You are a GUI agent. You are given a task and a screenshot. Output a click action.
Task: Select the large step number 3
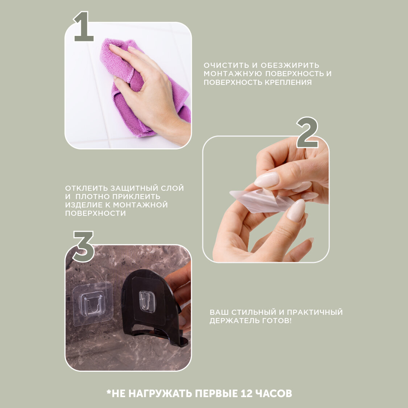[x=83, y=246]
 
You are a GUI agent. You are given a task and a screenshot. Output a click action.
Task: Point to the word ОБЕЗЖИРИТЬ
[x=290, y=65]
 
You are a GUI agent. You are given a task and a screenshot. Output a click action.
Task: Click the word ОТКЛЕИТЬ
[x=86, y=188]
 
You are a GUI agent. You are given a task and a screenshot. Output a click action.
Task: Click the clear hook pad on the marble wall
[x=92, y=304]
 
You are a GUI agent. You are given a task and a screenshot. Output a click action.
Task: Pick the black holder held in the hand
[x=153, y=307]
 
